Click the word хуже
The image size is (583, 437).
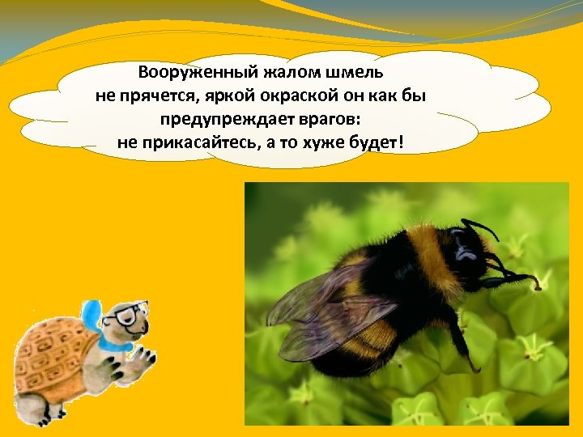point(324,143)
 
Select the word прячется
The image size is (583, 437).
point(155,96)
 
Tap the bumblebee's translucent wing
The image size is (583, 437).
point(324,312)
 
